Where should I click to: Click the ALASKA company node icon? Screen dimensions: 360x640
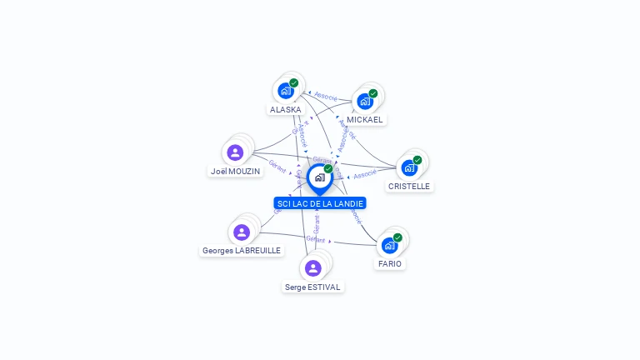286,90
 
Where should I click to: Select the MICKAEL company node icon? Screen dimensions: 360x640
364,101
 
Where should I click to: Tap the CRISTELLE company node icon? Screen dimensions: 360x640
408,167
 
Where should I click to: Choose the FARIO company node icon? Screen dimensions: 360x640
389,245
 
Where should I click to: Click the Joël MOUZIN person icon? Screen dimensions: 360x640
235,152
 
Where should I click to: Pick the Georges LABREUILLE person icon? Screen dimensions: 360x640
242,232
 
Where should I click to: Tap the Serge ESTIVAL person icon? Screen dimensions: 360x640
312,267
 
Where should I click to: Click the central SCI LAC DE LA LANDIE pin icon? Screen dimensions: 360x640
319,177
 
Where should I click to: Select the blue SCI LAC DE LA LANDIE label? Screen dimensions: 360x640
320,203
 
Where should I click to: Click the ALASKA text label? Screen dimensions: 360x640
286,109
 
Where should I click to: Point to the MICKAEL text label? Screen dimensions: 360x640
365,120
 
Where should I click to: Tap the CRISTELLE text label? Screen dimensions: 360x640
409,187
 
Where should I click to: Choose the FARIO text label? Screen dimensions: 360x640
389,264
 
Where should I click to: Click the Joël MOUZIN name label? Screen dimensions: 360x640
235,172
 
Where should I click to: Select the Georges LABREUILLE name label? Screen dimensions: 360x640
242,251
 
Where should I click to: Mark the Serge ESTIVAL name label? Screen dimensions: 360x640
312,287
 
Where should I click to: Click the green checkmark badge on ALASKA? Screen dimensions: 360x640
294,82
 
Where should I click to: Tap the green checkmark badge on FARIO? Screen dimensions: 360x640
397,237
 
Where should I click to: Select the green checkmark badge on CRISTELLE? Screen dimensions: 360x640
417,160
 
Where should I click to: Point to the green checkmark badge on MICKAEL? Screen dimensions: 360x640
372,93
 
